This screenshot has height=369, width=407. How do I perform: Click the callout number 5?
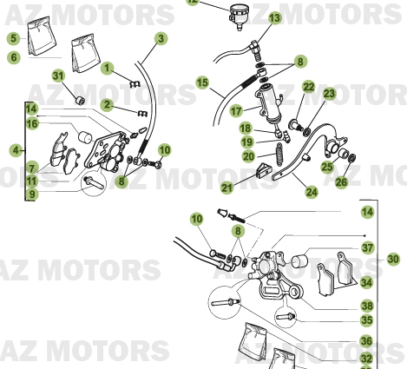[x=13, y=38]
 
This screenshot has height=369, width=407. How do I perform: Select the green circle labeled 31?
[x=58, y=76]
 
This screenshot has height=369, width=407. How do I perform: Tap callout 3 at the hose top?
[x=161, y=38]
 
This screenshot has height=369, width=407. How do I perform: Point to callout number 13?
[x=274, y=18]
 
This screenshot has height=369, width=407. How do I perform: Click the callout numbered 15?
[x=201, y=83]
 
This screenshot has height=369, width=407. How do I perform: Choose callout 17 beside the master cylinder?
[x=235, y=111]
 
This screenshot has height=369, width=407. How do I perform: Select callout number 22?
[x=309, y=87]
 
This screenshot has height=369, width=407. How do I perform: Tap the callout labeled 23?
[x=329, y=94]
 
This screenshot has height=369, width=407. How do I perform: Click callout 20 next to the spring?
[x=248, y=156]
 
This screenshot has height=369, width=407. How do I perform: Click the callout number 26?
[x=341, y=182]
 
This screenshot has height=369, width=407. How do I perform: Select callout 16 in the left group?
[x=32, y=124]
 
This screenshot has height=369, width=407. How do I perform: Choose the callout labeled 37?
[x=367, y=249]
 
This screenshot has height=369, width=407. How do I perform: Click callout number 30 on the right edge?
[x=393, y=259]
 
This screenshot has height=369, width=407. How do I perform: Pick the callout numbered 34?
[x=367, y=283]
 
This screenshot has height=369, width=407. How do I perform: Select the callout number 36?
[x=367, y=341]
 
